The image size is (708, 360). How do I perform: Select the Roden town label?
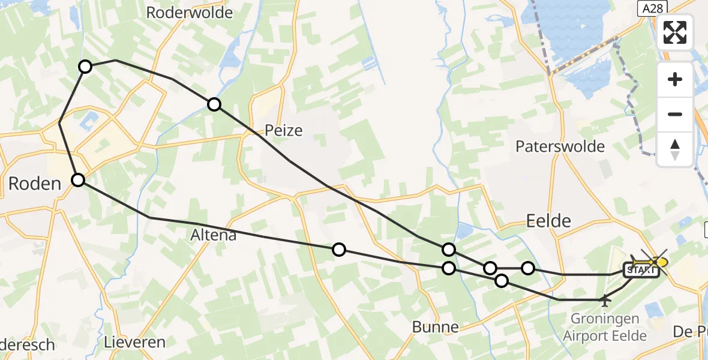coord(35,184)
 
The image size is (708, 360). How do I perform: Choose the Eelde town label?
coord(548,221)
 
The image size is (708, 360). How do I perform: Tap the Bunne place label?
coord(436,328)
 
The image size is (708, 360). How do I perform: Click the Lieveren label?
coord(134,343)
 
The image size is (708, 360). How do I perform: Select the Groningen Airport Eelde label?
coord(605,327)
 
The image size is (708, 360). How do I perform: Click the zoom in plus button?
coord(675,79)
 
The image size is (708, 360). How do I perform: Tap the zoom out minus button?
coord(675,114)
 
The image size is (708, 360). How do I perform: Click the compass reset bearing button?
coord(675,148)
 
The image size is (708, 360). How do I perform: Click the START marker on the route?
coord(642,271)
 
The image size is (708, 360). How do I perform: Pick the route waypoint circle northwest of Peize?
coord(214,104)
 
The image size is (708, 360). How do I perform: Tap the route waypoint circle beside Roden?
coord(79,179)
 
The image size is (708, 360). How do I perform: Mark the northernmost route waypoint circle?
coord(85,67)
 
